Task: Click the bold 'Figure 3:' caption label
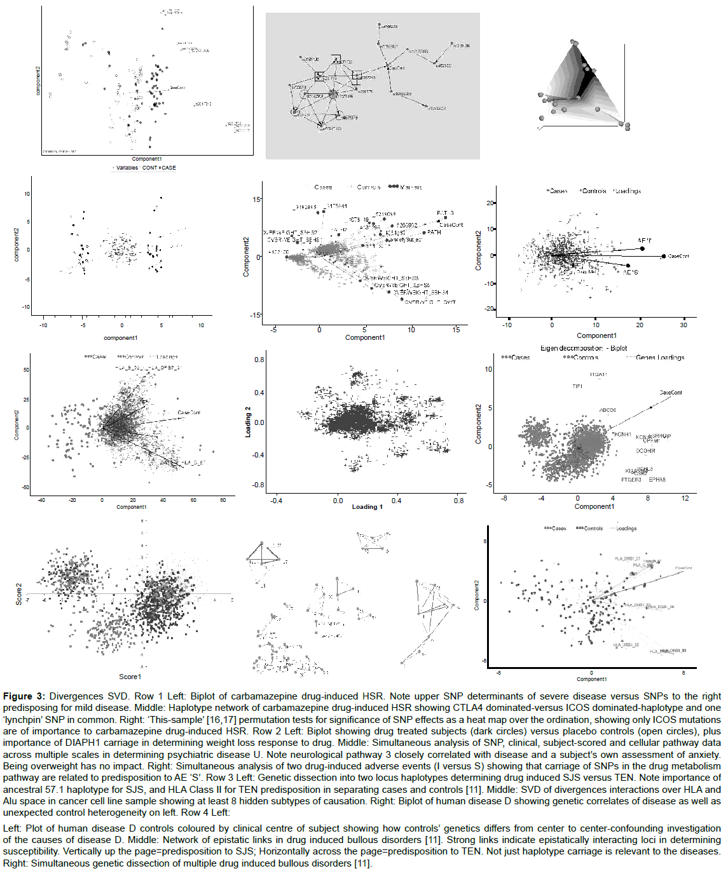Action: (x=24, y=696)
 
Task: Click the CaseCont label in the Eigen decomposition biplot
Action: (x=671, y=393)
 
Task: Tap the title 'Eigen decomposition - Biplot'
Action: (x=584, y=348)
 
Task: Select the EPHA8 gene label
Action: (x=657, y=480)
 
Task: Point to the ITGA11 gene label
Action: (x=598, y=375)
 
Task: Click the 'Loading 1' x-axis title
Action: (x=367, y=507)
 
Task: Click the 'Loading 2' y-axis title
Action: (x=249, y=422)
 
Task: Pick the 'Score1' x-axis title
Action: (x=130, y=677)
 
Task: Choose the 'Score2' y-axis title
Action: (x=19, y=594)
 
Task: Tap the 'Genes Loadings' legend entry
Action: (x=660, y=358)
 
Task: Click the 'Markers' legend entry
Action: (x=411, y=187)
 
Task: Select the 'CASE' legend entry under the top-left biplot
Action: (x=168, y=168)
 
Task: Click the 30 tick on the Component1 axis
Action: (x=683, y=325)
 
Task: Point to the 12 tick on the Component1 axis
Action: (x=685, y=498)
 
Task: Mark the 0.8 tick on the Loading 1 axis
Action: (x=458, y=501)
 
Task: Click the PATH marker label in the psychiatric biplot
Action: (x=434, y=233)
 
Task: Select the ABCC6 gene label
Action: (x=607, y=410)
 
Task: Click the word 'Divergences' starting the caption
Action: (x=76, y=696)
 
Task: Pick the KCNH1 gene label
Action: (x=623, y=435)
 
